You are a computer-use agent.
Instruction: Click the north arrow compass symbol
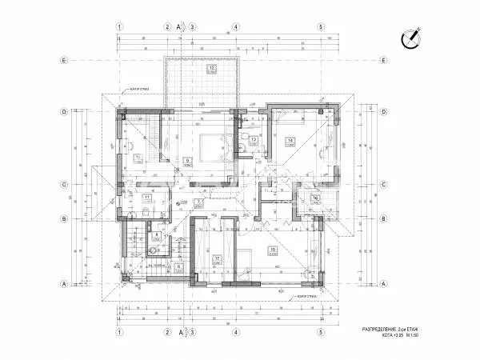(x=414, y=36)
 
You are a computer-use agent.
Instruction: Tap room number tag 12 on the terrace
(x=212, y=69)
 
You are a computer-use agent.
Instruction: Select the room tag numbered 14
(x=290, y=141)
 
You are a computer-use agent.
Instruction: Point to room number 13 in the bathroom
(x=253, y=140)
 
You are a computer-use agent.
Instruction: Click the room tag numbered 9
(x=187, y=160)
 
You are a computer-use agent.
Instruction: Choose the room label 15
(x=273, y=250)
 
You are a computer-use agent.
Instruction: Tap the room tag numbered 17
(x=216, y=258)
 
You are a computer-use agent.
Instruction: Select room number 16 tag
(x=316, y=198)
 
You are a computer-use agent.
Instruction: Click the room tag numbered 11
(x=147, y=196)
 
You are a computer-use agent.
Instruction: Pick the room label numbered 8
(x=158, y=234)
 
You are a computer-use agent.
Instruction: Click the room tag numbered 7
(x=208, y=202)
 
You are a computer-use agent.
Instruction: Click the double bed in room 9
(x=213, y=147)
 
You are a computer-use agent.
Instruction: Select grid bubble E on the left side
(x=64, y=60)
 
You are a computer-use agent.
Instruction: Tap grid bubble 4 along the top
(x=236, y=26)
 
